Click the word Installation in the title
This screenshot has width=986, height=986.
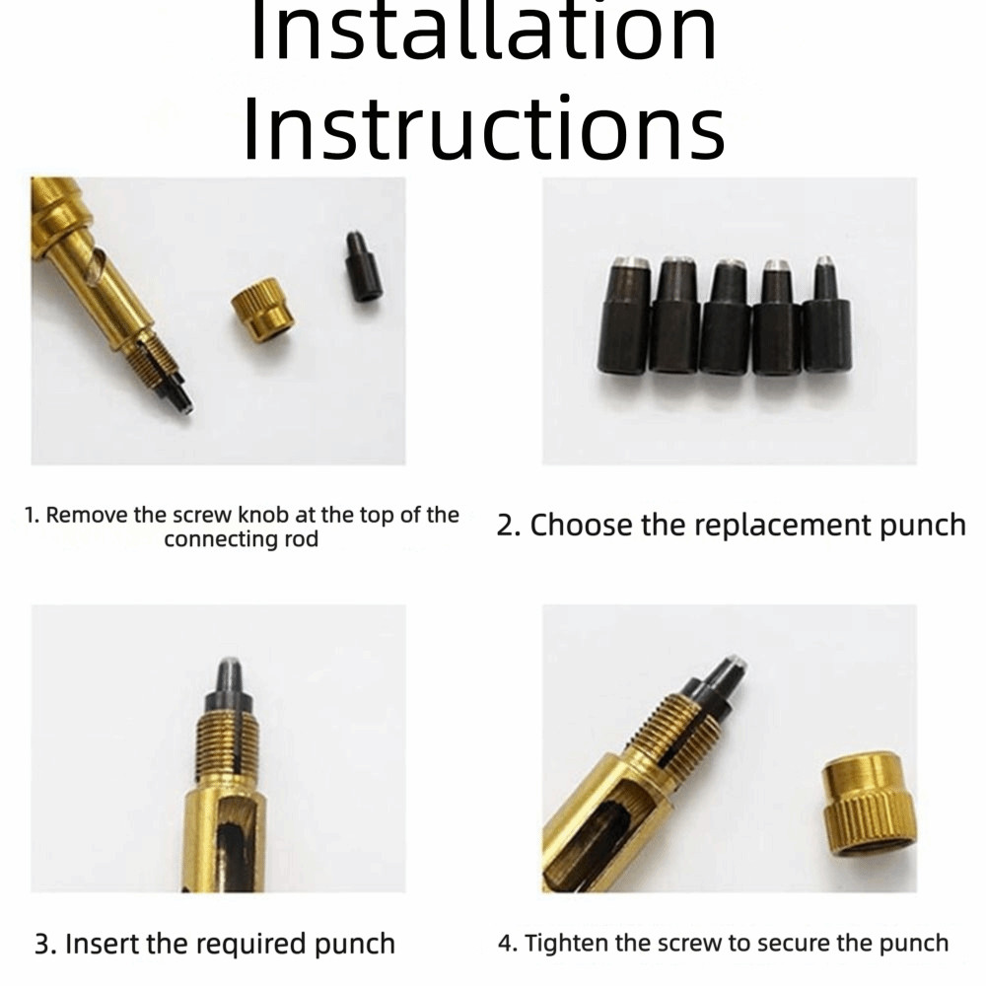coord(483,29)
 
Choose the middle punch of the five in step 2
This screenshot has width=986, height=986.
coord(727,317)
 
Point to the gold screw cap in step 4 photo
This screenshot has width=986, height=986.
coord(869,803)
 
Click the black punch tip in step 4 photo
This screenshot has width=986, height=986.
coord(720,683)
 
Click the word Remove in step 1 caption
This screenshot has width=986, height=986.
coord(87,515)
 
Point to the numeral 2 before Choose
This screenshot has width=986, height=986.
coord(506,526)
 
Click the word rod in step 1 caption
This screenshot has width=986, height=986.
coord(301,539)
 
